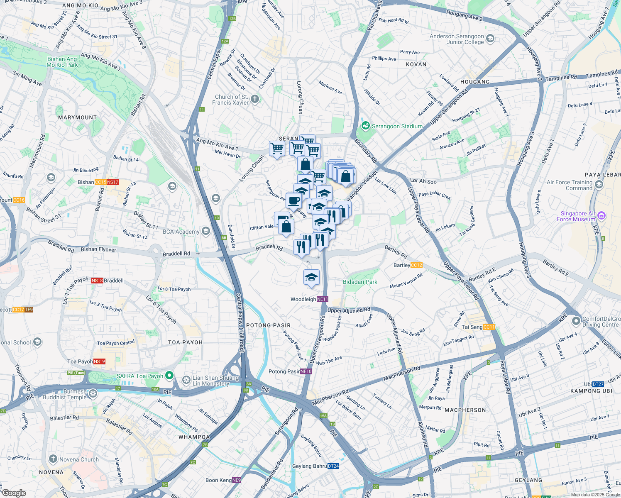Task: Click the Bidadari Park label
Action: [x=360, y=282]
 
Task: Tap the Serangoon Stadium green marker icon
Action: [x=366, y=126]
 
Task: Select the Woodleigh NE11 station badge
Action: [x=323, y=299]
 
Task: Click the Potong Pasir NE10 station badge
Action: [x=306, y=371]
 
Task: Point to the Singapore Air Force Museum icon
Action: [x=601, y=216]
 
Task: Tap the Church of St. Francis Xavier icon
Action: [x=255, y=99]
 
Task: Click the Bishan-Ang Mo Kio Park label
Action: [x=62, y=62]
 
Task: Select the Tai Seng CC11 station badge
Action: [x=489, y=327]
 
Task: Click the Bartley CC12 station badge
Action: [x=416, y=265]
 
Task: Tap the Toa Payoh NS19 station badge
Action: [x=99, y=361]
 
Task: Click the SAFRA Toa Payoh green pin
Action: [x=169, y=376]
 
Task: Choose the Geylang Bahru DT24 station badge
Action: [x=333, y=466]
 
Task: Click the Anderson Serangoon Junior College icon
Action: [x=490, y=39]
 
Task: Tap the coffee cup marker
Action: [x=294, y=200]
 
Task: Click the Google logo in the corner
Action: [x=14, y=493]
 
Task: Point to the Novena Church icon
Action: [x=53, y=459]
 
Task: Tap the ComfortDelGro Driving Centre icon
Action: [x=576, y=321]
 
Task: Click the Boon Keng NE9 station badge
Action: [x=236, y=480]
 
